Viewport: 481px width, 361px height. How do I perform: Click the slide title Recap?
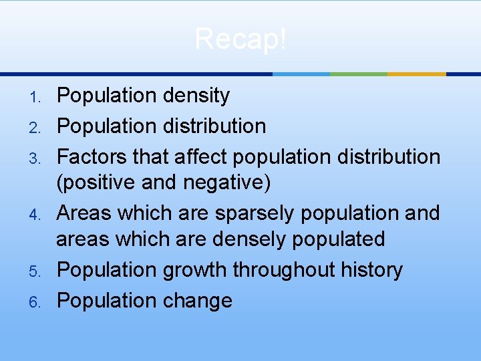point(240,39)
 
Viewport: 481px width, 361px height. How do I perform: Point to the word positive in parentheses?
point(101,182)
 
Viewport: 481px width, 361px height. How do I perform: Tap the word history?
point(373,271)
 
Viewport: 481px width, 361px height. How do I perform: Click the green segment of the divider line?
point(358,74)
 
